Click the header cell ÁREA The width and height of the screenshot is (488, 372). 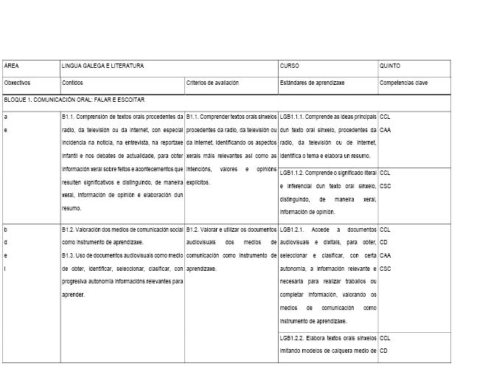(11, 66)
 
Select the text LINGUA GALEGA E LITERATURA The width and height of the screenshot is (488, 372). (102, 66)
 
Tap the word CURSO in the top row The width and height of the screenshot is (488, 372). (289, 66)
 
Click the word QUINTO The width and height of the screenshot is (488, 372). (390, 66)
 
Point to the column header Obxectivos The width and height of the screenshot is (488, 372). (17, 83)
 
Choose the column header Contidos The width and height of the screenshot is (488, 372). (73, 83)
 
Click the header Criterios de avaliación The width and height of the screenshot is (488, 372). (212, 83)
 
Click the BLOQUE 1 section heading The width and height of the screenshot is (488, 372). (74, 99)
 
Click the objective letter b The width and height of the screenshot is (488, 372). (6, 230)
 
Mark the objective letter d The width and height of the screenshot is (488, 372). (6, 242)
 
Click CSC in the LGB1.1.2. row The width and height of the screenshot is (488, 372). (385, 185)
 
